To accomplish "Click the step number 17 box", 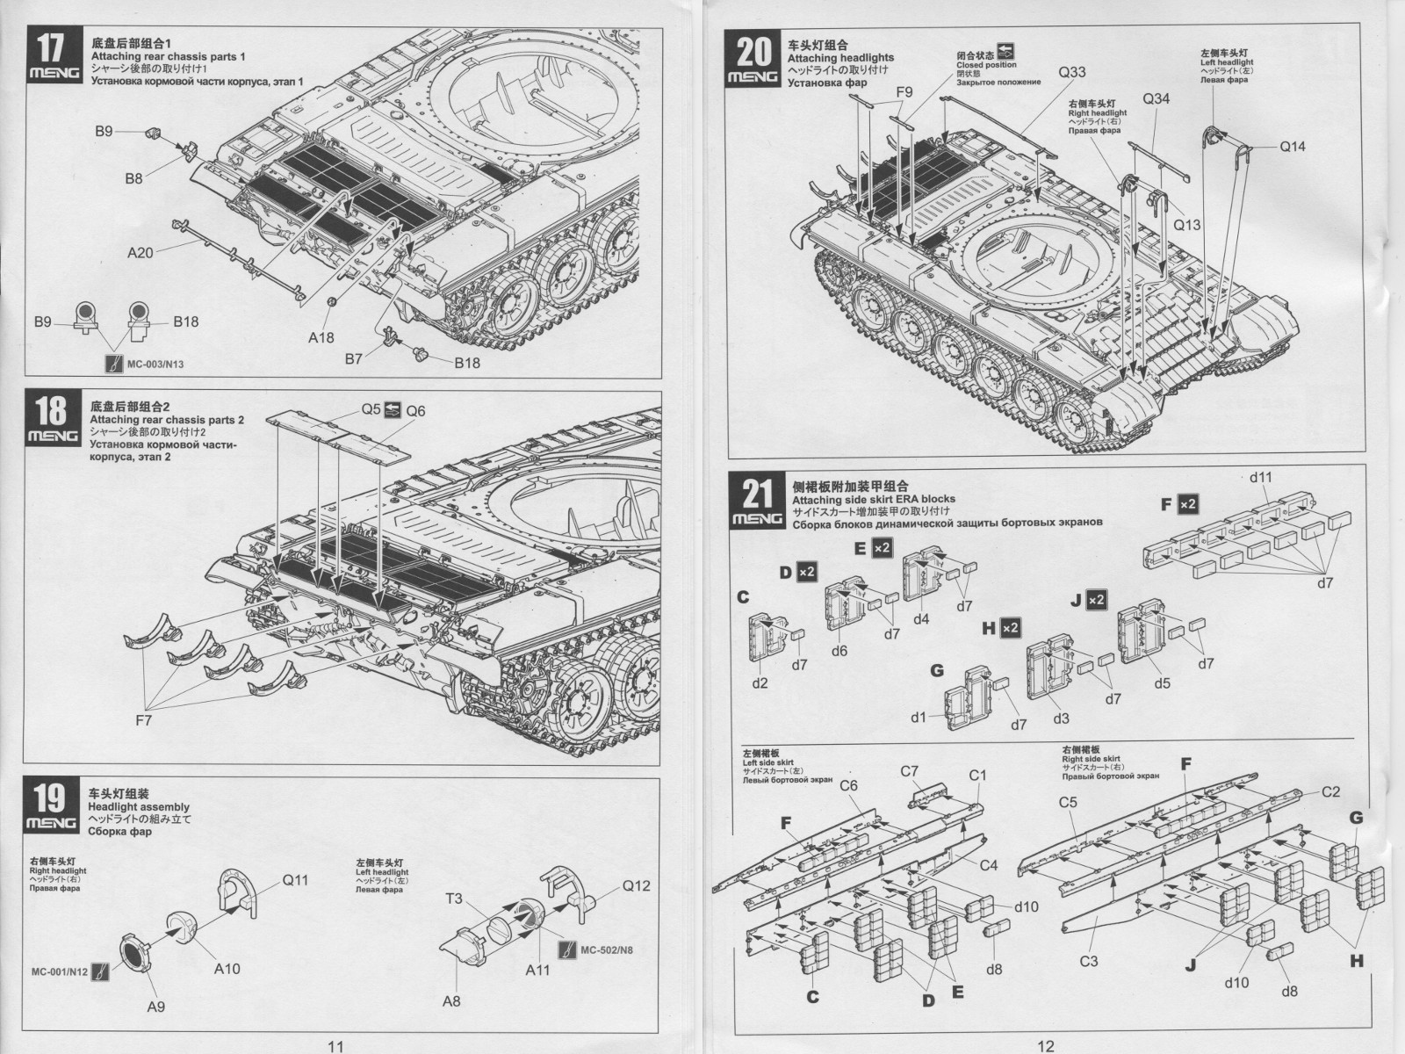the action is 54,54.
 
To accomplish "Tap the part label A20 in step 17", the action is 140,253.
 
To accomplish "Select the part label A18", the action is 321,337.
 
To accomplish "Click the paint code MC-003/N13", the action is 155,365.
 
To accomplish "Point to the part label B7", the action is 353,359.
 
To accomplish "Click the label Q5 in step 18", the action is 371,409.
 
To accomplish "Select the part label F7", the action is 143,720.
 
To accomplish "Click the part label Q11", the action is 295,881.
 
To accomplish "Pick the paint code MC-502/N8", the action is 606,949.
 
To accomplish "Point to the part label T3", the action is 454,899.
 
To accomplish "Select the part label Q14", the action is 1293,147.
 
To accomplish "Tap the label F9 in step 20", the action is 904,92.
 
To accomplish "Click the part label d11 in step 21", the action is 1260,478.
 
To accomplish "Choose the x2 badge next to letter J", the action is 1097,600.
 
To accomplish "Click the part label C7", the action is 909,771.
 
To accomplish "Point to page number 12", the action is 1045,1046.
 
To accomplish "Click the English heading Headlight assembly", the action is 139,807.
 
